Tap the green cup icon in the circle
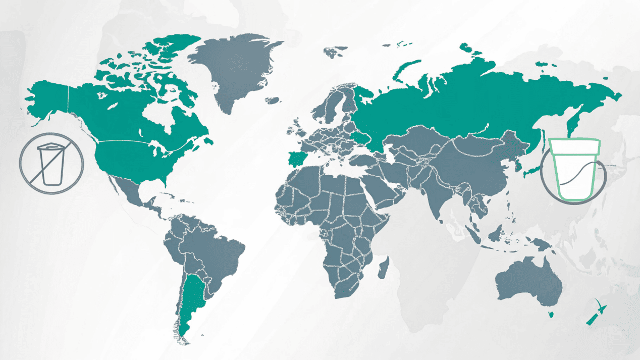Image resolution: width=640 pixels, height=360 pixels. tap(574, 169)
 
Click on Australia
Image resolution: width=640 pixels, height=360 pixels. tap(527, 283)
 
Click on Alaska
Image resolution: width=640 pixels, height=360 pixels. tap(48, 98)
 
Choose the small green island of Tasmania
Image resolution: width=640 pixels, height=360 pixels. tap(551, 315)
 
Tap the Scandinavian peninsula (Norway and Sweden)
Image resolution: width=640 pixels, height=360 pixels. tap(333, 104)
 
